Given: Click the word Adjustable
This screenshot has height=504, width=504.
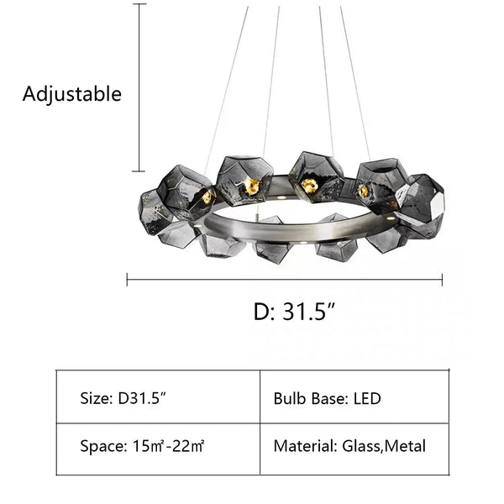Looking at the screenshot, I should coord(71,93).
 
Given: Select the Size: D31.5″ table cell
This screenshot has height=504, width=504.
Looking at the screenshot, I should coord(158,396).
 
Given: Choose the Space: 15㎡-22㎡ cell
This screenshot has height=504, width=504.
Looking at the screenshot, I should coord(158,446).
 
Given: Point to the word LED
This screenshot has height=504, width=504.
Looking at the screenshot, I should coord(366,397).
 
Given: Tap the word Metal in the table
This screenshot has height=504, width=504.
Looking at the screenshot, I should coord(405,446).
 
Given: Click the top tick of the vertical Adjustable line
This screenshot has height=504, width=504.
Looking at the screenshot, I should coord(139,5).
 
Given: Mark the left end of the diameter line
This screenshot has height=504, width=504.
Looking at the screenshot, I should coord(128,279).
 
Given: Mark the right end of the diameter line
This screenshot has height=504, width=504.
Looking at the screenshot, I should coord(442,279).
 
